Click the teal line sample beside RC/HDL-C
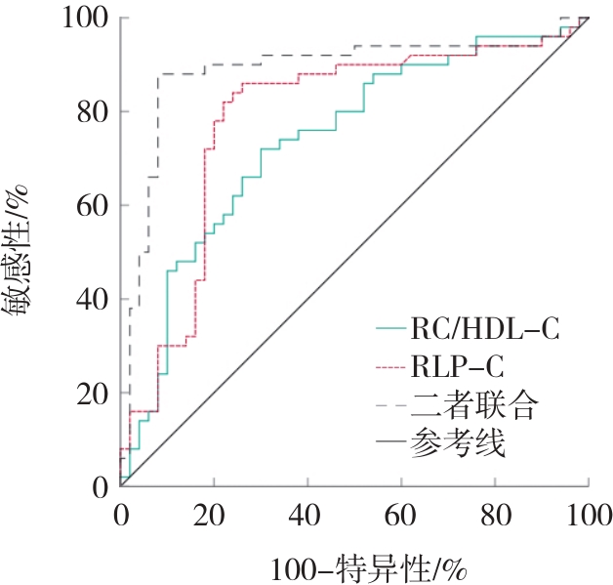(x=395, y=328)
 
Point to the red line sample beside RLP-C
(x=395, y=367)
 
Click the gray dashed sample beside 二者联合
(x=395, y=406)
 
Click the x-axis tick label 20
(x=214, y=515)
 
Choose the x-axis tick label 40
(x=307, y=515)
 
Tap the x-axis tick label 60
(x=401, y=515)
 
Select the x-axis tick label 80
(x=495, y=515)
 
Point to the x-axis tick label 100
(x=587, y=515)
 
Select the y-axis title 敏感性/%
(x=23, y=249)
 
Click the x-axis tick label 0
(x=121, y=515)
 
